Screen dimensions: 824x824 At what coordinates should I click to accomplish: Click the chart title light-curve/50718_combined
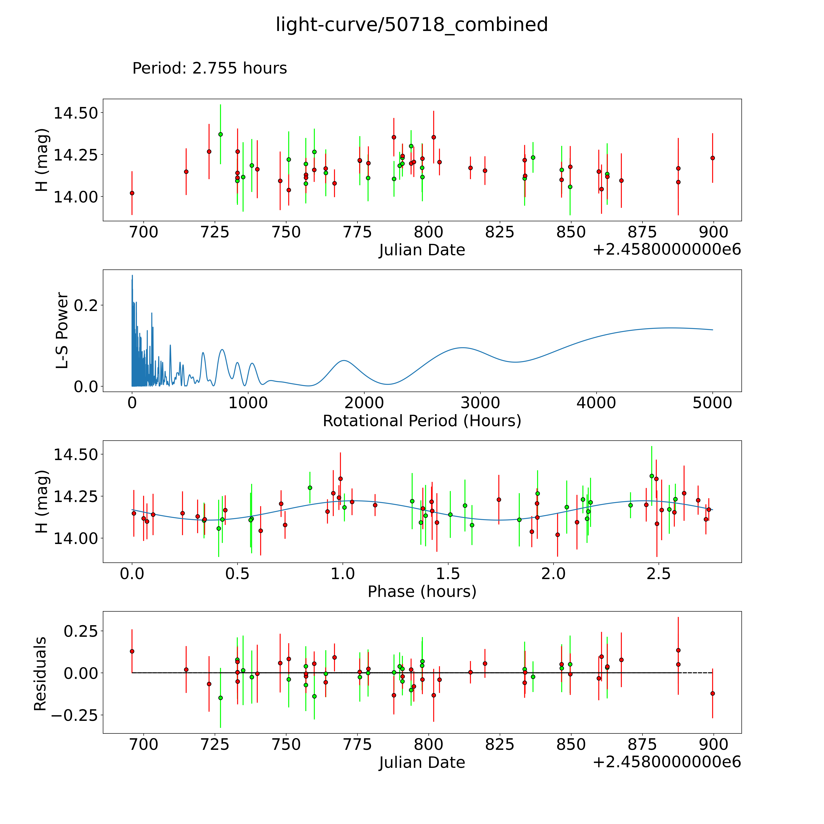[412, 25]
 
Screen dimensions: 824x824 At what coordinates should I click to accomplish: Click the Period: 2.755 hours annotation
[209, 68]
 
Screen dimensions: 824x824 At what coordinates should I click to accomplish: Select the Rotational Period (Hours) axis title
[422, 421]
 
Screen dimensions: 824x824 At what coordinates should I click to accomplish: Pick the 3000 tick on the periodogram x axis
[480, 403]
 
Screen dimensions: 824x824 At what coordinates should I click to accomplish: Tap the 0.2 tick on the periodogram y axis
[86, 305]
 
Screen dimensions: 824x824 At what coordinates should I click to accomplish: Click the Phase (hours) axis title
[422, 592]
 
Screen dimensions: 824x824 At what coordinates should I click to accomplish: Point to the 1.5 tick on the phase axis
[448, 574]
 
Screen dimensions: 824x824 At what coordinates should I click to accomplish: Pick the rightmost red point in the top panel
[712, 158]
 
